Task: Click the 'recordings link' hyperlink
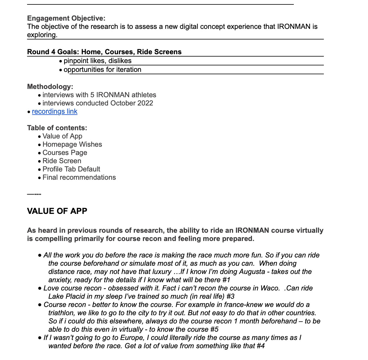54,112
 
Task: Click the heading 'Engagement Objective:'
66,18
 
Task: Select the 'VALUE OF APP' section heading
57,211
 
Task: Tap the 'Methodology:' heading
50,87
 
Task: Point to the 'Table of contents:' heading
57,128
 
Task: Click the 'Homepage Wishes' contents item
72,144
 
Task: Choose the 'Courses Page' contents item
65,153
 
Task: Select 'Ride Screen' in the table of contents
62,161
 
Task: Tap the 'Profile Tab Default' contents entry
71,169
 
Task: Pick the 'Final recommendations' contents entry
79,177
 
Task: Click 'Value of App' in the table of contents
62,136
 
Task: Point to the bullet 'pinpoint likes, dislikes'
97,61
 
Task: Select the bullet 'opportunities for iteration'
102,70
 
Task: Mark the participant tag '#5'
214,329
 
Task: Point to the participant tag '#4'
260,346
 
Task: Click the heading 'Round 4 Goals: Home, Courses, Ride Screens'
104,52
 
